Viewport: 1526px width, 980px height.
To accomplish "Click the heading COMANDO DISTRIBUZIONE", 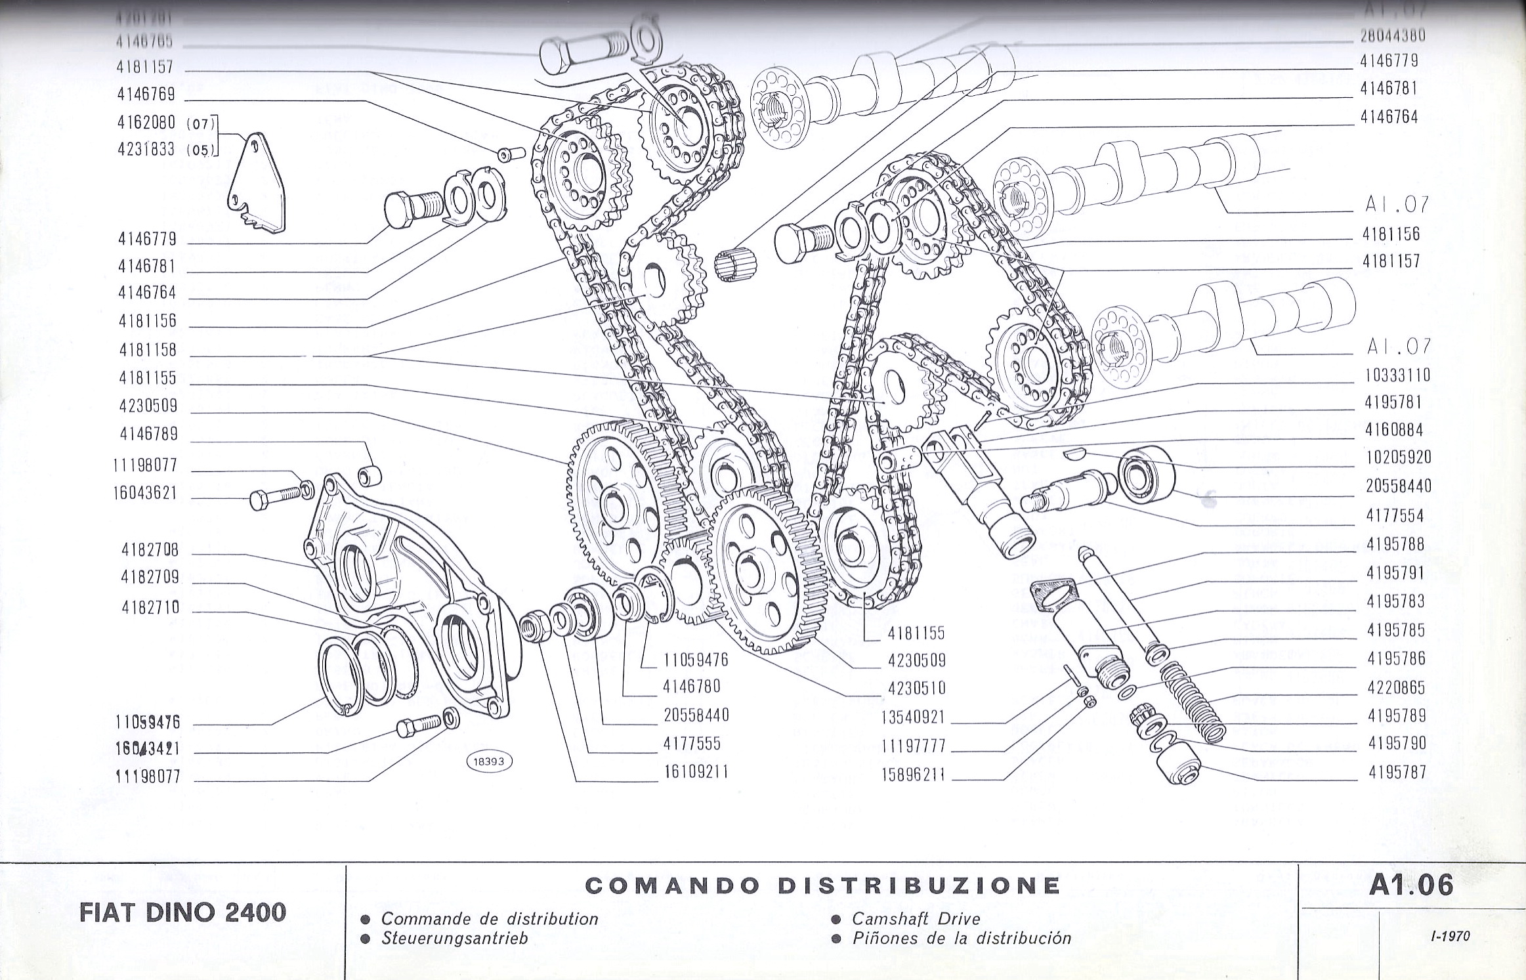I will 822,885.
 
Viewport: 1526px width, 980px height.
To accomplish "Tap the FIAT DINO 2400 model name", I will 182,912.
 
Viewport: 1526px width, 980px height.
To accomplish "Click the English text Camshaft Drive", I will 916,918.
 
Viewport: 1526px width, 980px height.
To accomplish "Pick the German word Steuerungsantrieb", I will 454,938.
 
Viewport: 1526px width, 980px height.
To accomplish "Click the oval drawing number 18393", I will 488,761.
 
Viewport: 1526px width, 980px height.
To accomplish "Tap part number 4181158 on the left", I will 148,349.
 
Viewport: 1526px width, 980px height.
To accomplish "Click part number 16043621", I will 145,493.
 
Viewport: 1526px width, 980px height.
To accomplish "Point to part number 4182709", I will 150,578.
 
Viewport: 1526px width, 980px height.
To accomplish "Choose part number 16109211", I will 696,772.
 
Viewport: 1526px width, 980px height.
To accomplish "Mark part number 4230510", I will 916,688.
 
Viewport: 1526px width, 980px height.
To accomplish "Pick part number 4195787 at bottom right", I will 1397,773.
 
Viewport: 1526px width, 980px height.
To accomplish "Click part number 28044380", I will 1392,35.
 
